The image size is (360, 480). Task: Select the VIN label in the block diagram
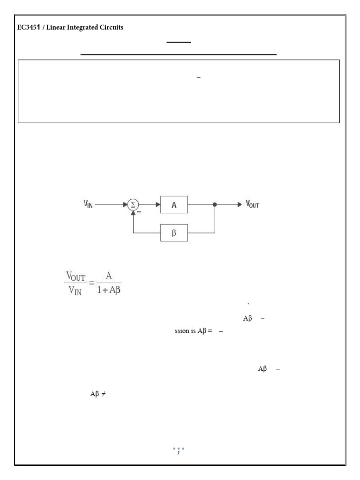[x=88, y=204]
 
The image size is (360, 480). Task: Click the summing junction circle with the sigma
[x=133, y=204]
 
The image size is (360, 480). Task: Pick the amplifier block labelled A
[x=174, y=205]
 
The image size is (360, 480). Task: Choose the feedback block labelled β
[x=174, y=232]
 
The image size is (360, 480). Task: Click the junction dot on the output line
[x=215, y=205]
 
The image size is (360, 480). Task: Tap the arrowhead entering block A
[x=158, y=205]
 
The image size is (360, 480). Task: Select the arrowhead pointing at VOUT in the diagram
[x=239, y=205]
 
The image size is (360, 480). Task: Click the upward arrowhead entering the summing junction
[x=133, y=213]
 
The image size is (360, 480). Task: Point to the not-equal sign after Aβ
[x=103, y=394]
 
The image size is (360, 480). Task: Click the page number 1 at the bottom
[x=179, y=453]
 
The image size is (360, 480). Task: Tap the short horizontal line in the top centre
[x=179, y=42]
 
